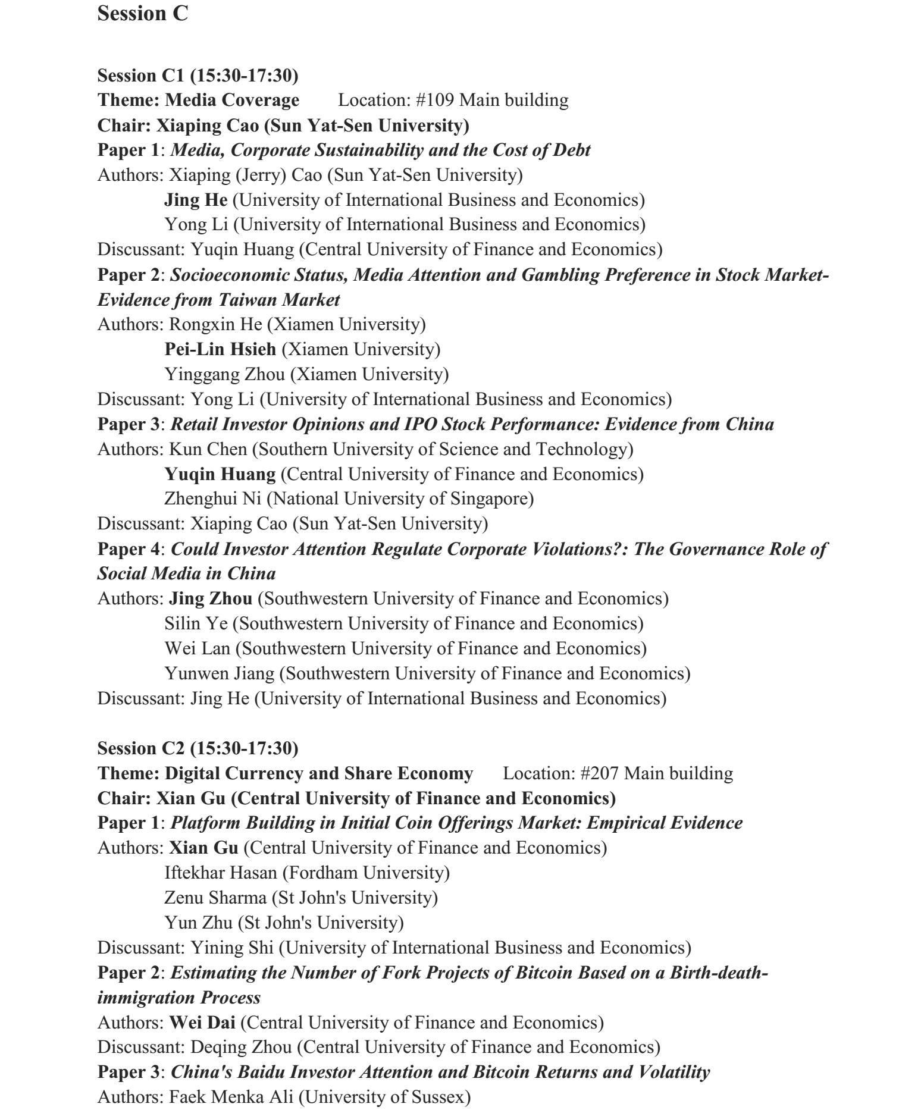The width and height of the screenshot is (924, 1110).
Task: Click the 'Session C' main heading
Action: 142,14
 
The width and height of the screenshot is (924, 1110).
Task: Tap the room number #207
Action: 600,773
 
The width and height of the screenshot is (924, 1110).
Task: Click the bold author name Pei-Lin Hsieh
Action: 220,349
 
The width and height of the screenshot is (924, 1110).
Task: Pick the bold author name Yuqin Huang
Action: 220,474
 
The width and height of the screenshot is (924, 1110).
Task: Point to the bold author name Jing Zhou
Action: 211,598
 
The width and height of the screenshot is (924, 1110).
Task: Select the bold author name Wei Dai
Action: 202,1023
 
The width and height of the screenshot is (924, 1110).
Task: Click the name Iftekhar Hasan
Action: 220,873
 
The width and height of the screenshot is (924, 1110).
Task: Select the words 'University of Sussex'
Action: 384,1097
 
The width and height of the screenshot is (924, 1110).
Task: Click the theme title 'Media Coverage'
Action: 232,100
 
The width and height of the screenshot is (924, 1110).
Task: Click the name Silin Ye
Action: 196,623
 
